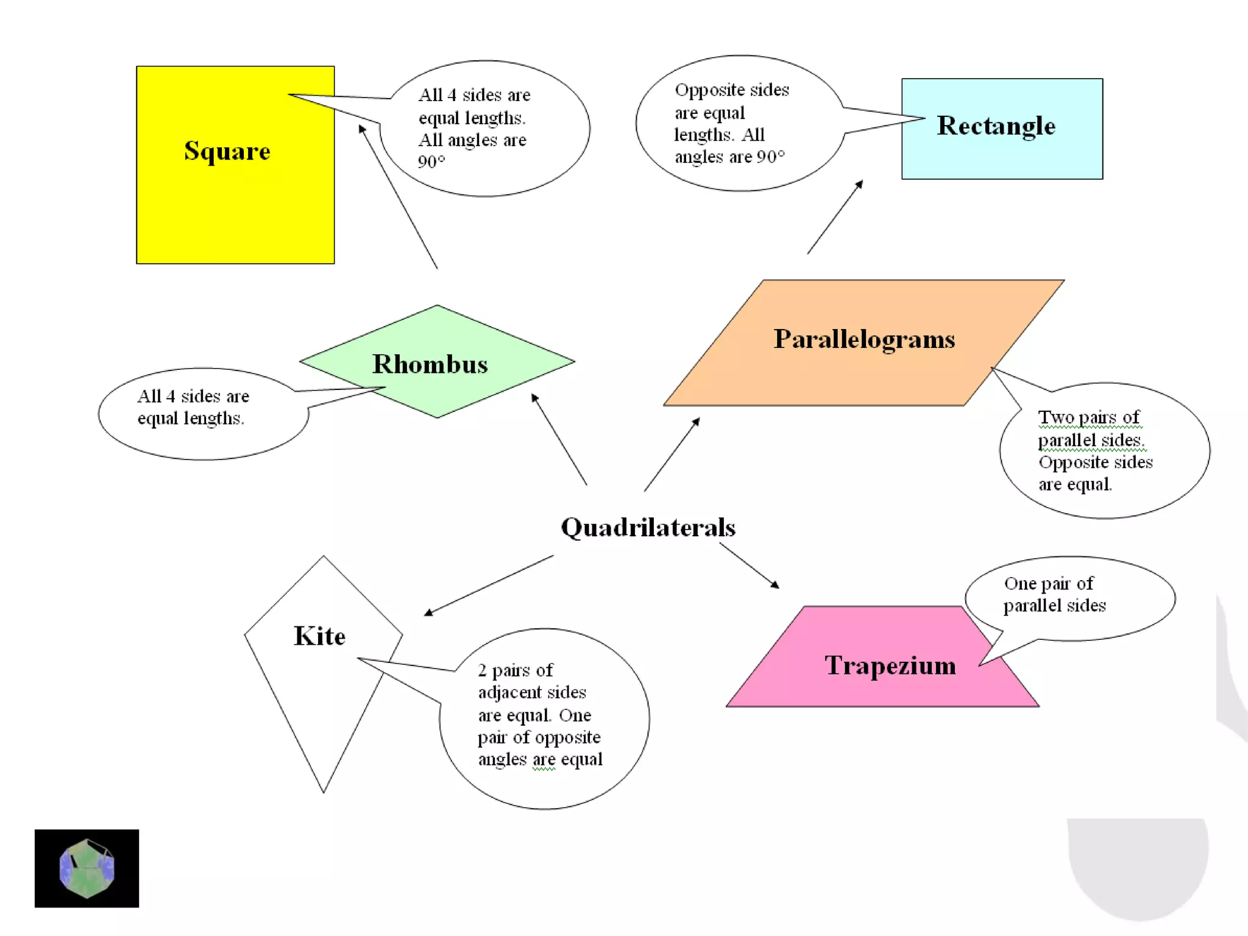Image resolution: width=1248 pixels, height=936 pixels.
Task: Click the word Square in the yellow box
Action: click(x=227, y=151)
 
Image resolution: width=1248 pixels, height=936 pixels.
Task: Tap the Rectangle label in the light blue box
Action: click(x=996, y=126)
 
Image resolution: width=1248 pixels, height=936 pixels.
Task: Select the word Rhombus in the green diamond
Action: click(x=430, y=364)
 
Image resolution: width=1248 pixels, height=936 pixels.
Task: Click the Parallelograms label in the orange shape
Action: click(x=864, y=339)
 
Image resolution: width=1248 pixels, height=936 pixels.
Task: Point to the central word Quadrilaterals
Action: click(x=648, y=527)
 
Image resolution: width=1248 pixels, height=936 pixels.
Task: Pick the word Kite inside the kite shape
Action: click(x=319, y=636)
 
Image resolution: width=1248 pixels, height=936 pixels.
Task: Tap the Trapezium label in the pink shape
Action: click(x=890, y=665)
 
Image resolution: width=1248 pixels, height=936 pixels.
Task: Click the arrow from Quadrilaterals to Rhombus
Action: click(x=559, y=439)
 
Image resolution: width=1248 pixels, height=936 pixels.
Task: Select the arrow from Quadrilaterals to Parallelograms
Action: click(x=672, y=455)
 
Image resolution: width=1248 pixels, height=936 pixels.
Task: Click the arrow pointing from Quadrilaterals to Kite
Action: click(x=489, y=584)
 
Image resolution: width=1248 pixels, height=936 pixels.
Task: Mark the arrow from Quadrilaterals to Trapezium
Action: click(x=749, y=565)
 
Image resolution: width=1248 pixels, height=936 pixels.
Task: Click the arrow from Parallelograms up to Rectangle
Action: click(x=835, y=217)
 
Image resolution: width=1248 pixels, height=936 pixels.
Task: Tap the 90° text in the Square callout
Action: click(x=431, y=162)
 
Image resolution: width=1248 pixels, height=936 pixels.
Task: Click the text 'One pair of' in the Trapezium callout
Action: click(x=1048, y=584)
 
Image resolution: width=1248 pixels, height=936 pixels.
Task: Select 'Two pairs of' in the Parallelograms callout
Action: click(x=1088, y=417)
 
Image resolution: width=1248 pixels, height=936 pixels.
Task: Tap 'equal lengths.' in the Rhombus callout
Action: click(x=190, y=419)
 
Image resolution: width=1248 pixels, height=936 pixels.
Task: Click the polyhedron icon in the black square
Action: click(x=87, y=868)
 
